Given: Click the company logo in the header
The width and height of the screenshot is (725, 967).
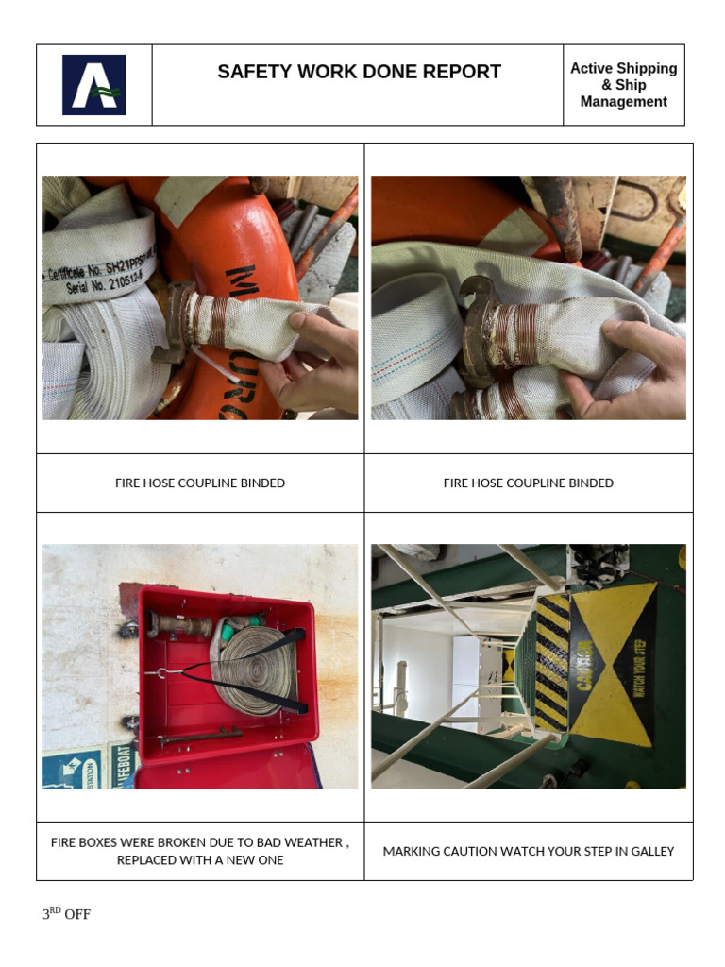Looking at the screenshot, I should coord(93,85).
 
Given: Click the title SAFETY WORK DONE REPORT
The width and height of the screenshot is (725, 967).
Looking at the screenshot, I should coord(359,72).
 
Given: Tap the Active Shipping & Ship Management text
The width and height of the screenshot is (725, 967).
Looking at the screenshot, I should coord(623,85).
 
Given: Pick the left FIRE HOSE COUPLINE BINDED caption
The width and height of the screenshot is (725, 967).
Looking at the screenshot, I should coord(200,483).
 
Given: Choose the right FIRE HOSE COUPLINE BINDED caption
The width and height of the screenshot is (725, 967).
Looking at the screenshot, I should coord(529,483).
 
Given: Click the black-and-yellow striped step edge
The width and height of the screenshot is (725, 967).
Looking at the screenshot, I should coord(552,661).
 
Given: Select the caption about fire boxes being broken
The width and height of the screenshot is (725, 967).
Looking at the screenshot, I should coord(200,851).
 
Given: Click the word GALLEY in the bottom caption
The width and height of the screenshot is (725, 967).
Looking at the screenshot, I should coord(652,851).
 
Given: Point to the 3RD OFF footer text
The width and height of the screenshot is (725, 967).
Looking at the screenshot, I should coord(66,914).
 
